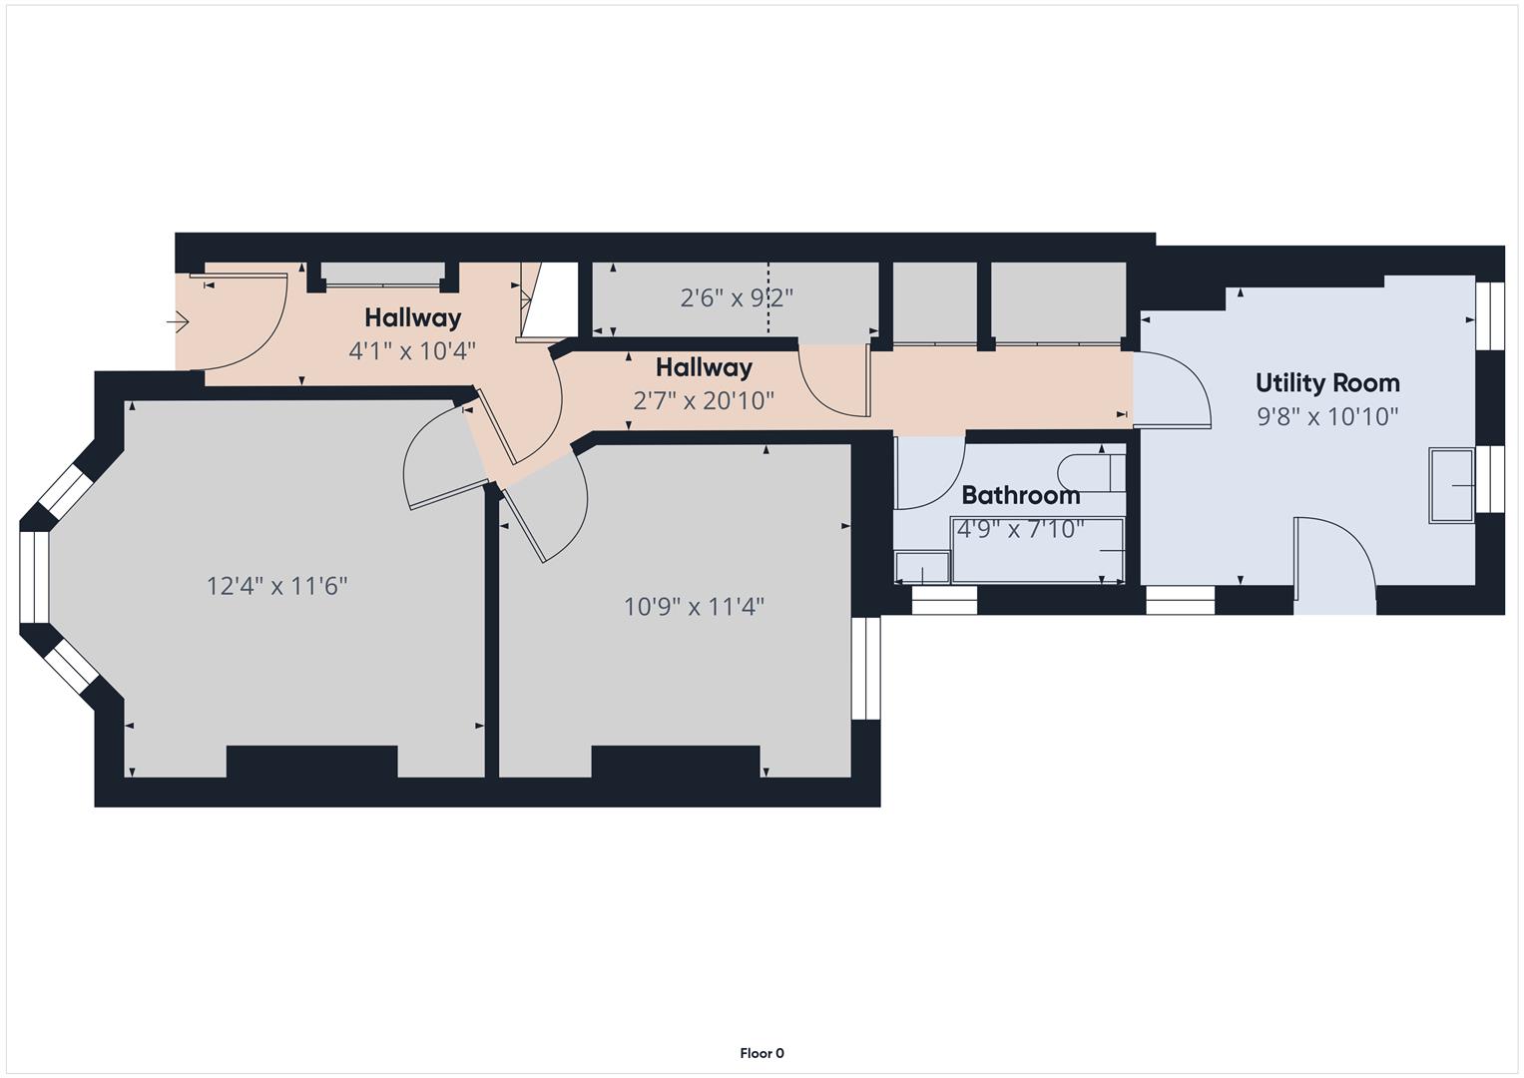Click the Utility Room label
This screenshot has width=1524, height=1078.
click(1326, 383)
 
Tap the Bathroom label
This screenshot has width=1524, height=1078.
click(1020, 495)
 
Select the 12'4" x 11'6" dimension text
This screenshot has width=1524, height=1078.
click(276, 586)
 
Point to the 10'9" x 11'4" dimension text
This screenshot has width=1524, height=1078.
click(694, 607)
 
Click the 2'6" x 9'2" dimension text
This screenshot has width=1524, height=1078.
click(737, 298)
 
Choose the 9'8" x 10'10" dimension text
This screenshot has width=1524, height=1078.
click(1327, 417)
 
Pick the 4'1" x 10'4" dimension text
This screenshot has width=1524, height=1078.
click(412, 351)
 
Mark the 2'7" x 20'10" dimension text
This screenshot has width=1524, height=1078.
click(704, 401)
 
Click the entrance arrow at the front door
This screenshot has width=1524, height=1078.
click(179, 322)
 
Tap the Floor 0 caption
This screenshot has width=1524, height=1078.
click(762, 1053)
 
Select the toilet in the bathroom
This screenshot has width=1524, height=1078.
click(1090, 473)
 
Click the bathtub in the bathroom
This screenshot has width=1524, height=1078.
click(1038, 551)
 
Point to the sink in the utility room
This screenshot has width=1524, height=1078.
click(1452, 486)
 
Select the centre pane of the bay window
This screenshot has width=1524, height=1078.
click(34, 578)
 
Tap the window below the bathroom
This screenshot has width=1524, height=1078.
click(944, 600)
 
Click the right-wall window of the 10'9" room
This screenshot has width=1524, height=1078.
click(866, 668)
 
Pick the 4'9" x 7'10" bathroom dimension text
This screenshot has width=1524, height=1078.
click(1020, 529)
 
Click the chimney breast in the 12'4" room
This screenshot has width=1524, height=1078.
click(311, 762)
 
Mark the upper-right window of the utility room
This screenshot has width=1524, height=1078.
click(1489, 316)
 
